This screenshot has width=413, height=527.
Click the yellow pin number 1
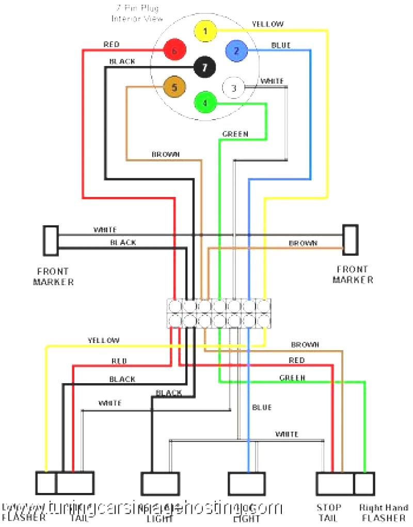205,31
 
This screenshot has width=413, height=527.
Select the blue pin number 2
236,51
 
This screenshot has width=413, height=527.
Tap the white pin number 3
233,88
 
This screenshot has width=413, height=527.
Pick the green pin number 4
205,103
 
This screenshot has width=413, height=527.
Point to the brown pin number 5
174,87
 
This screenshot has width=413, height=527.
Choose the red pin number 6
174,51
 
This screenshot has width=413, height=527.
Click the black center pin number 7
204,67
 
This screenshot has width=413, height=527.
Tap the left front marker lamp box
51,241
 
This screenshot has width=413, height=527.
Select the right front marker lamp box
351,240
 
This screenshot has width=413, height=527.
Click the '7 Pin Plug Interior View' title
137,14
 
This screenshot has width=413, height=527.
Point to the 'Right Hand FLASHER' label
384,513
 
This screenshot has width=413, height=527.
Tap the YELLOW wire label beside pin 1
267,24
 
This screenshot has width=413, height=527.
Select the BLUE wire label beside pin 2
281,45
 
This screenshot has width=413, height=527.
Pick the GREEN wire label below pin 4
235,134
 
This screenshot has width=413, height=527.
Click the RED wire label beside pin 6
111,45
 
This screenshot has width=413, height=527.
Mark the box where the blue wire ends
247,484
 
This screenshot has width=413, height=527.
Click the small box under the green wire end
364,484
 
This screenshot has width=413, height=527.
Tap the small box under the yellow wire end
45,484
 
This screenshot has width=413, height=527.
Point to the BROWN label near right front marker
303,243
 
